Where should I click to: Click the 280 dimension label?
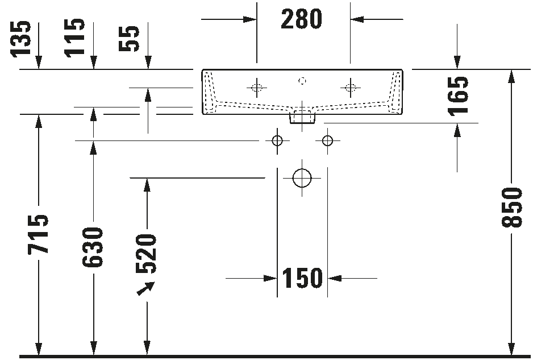tap(301, 19)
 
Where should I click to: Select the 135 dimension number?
tap(20, 39)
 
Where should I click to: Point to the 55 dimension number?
tap(129, 39)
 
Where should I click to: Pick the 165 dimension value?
tap(458, 96)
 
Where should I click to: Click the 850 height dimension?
tap(511, 207)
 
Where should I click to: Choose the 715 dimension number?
tap(38, 234)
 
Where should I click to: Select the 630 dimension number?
tap(93, 247)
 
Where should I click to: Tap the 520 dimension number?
tap(146, 254)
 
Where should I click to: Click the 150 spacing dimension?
tap(302, 278)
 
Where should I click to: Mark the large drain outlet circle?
tap(302, 178)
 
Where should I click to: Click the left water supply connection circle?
tap(277, 140)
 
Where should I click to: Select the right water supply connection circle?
tap(327, 140)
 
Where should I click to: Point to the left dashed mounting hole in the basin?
tap(257, 88)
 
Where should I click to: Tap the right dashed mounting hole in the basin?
tap(350, 88)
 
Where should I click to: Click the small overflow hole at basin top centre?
tap(302, 81)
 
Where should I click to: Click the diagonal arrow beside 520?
tap(145, 288)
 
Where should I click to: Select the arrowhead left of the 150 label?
tap(270, 278)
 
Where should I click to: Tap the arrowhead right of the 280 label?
tap(357, 19)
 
